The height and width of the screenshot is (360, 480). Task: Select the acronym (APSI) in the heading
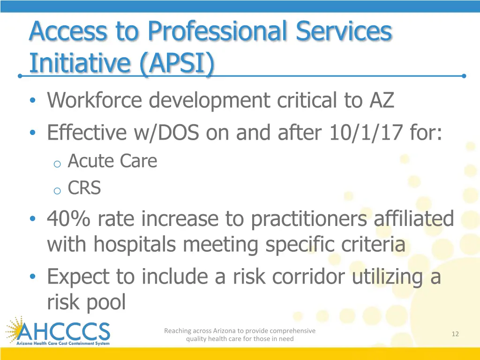click(x=176, y=64)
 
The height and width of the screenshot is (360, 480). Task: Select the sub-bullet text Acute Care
click(x=112, y=161)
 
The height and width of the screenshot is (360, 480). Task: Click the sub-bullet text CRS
click(x=84, y=188)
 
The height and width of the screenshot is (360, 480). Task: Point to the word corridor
click(x=309, y=277)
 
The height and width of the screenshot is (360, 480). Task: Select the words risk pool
click(x=86, y=302)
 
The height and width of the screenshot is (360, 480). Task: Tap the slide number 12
click(x=455, y=334)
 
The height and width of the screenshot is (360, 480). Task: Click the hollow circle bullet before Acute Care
click(x=57, y=164)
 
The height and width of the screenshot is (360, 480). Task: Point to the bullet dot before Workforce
click(x=32, y=101)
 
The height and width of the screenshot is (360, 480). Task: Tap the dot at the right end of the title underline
click(x=464, y=75)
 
